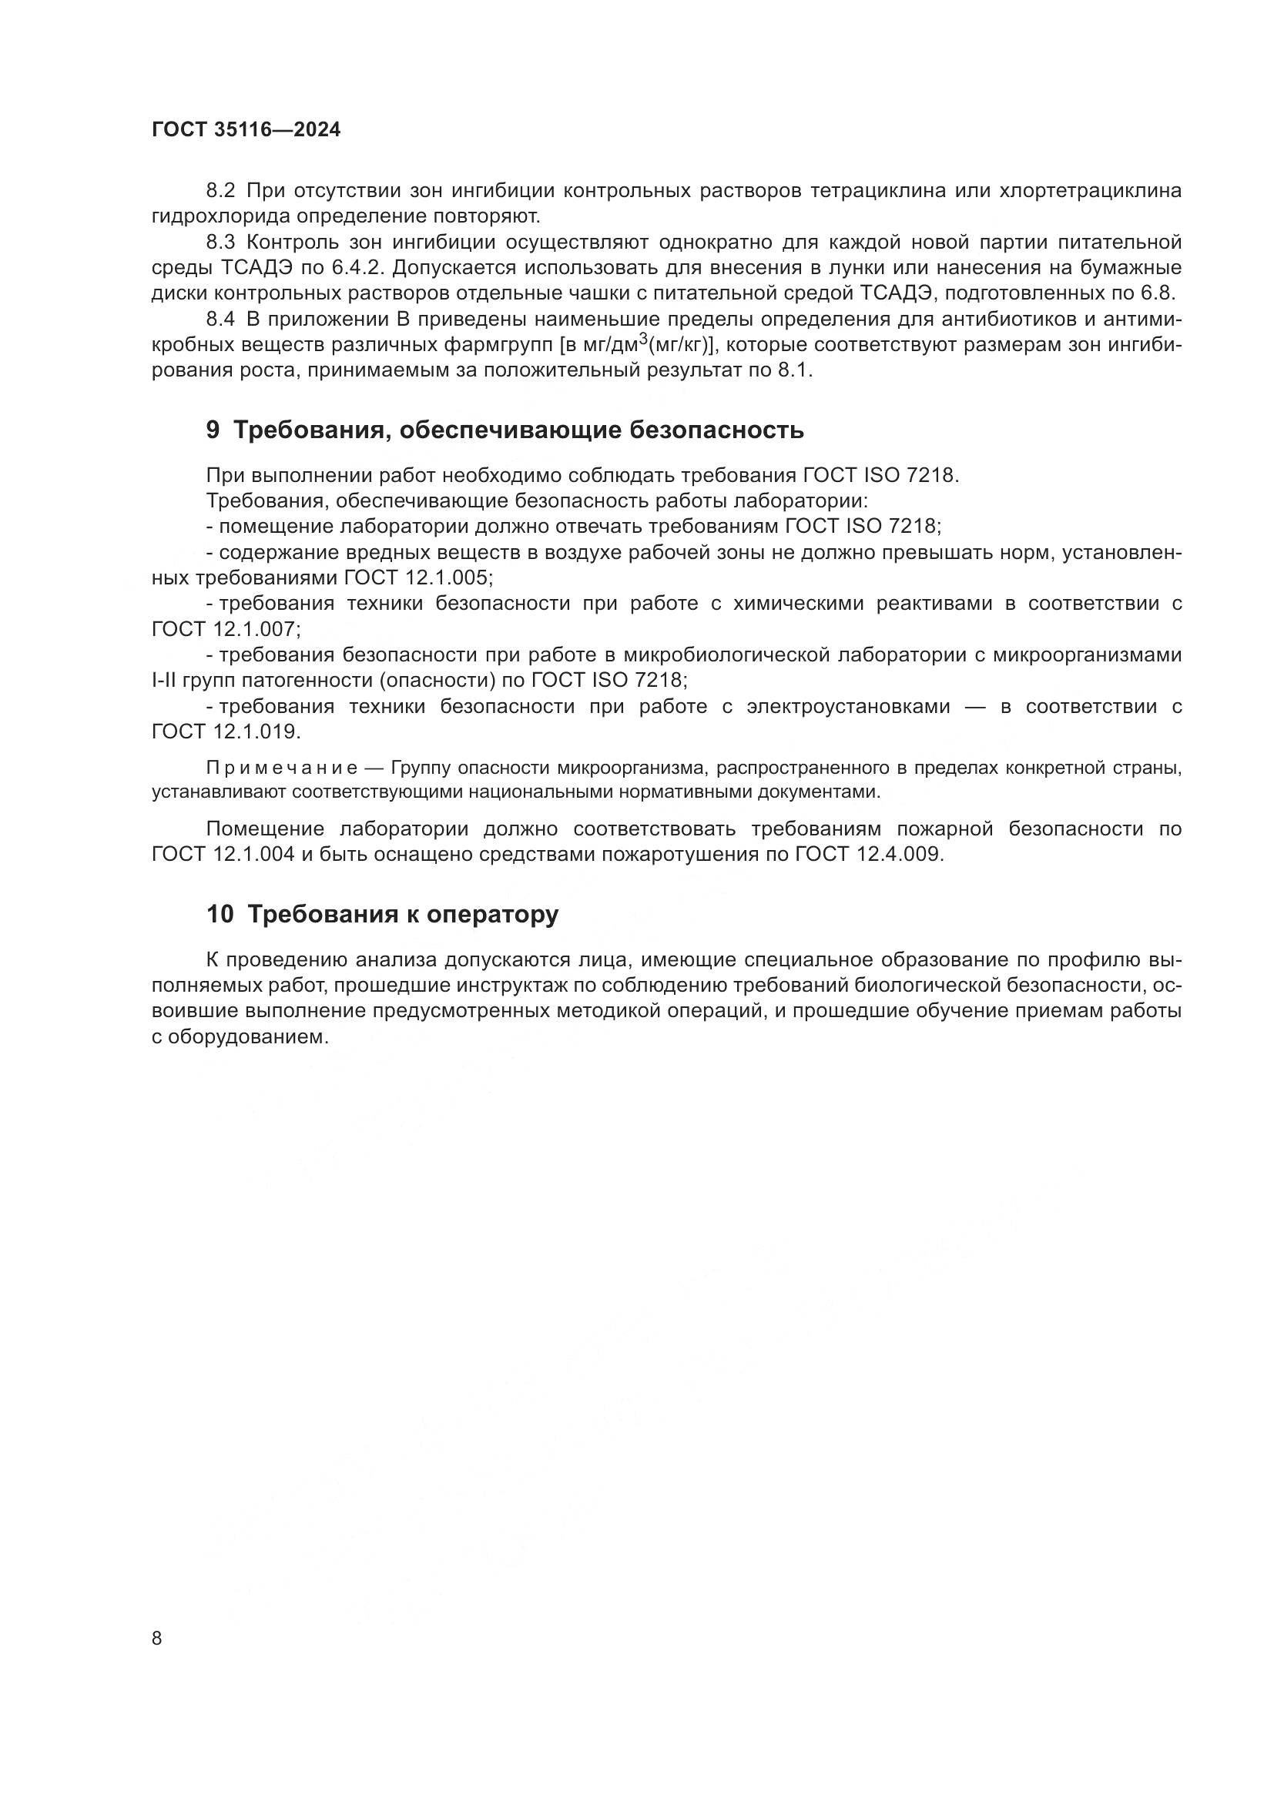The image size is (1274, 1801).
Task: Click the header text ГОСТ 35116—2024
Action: pos(246,130)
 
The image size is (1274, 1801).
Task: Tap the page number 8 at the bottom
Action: pos(157,1639)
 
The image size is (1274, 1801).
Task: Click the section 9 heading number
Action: pos(213,430)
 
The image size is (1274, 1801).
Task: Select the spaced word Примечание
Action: pos(282,767)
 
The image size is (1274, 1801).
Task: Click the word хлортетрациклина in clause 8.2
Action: pos(1091,191)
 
